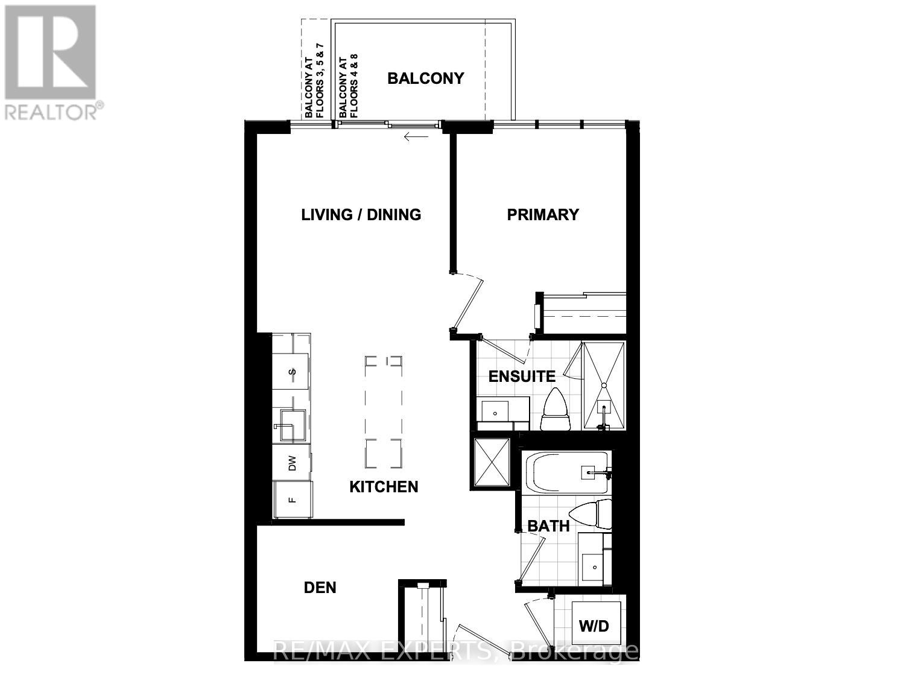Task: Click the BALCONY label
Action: coord(425,78)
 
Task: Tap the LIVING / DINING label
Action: coord(361,214)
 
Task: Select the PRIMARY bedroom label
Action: coord(542,214)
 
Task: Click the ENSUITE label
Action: coord(522,376)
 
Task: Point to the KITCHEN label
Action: coord(384,487)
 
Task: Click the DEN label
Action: coord(320,587)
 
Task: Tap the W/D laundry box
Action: coord(594,626)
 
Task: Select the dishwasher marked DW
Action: coord(293,463)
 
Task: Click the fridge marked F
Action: coord(293,500)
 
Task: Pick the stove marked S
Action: coord(293,372)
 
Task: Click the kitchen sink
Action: coord(291,425)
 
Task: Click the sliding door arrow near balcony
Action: coord(416,137)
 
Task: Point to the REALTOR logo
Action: coord(51,60)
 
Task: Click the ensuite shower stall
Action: coord(603,386)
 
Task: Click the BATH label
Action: coord(548,526)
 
